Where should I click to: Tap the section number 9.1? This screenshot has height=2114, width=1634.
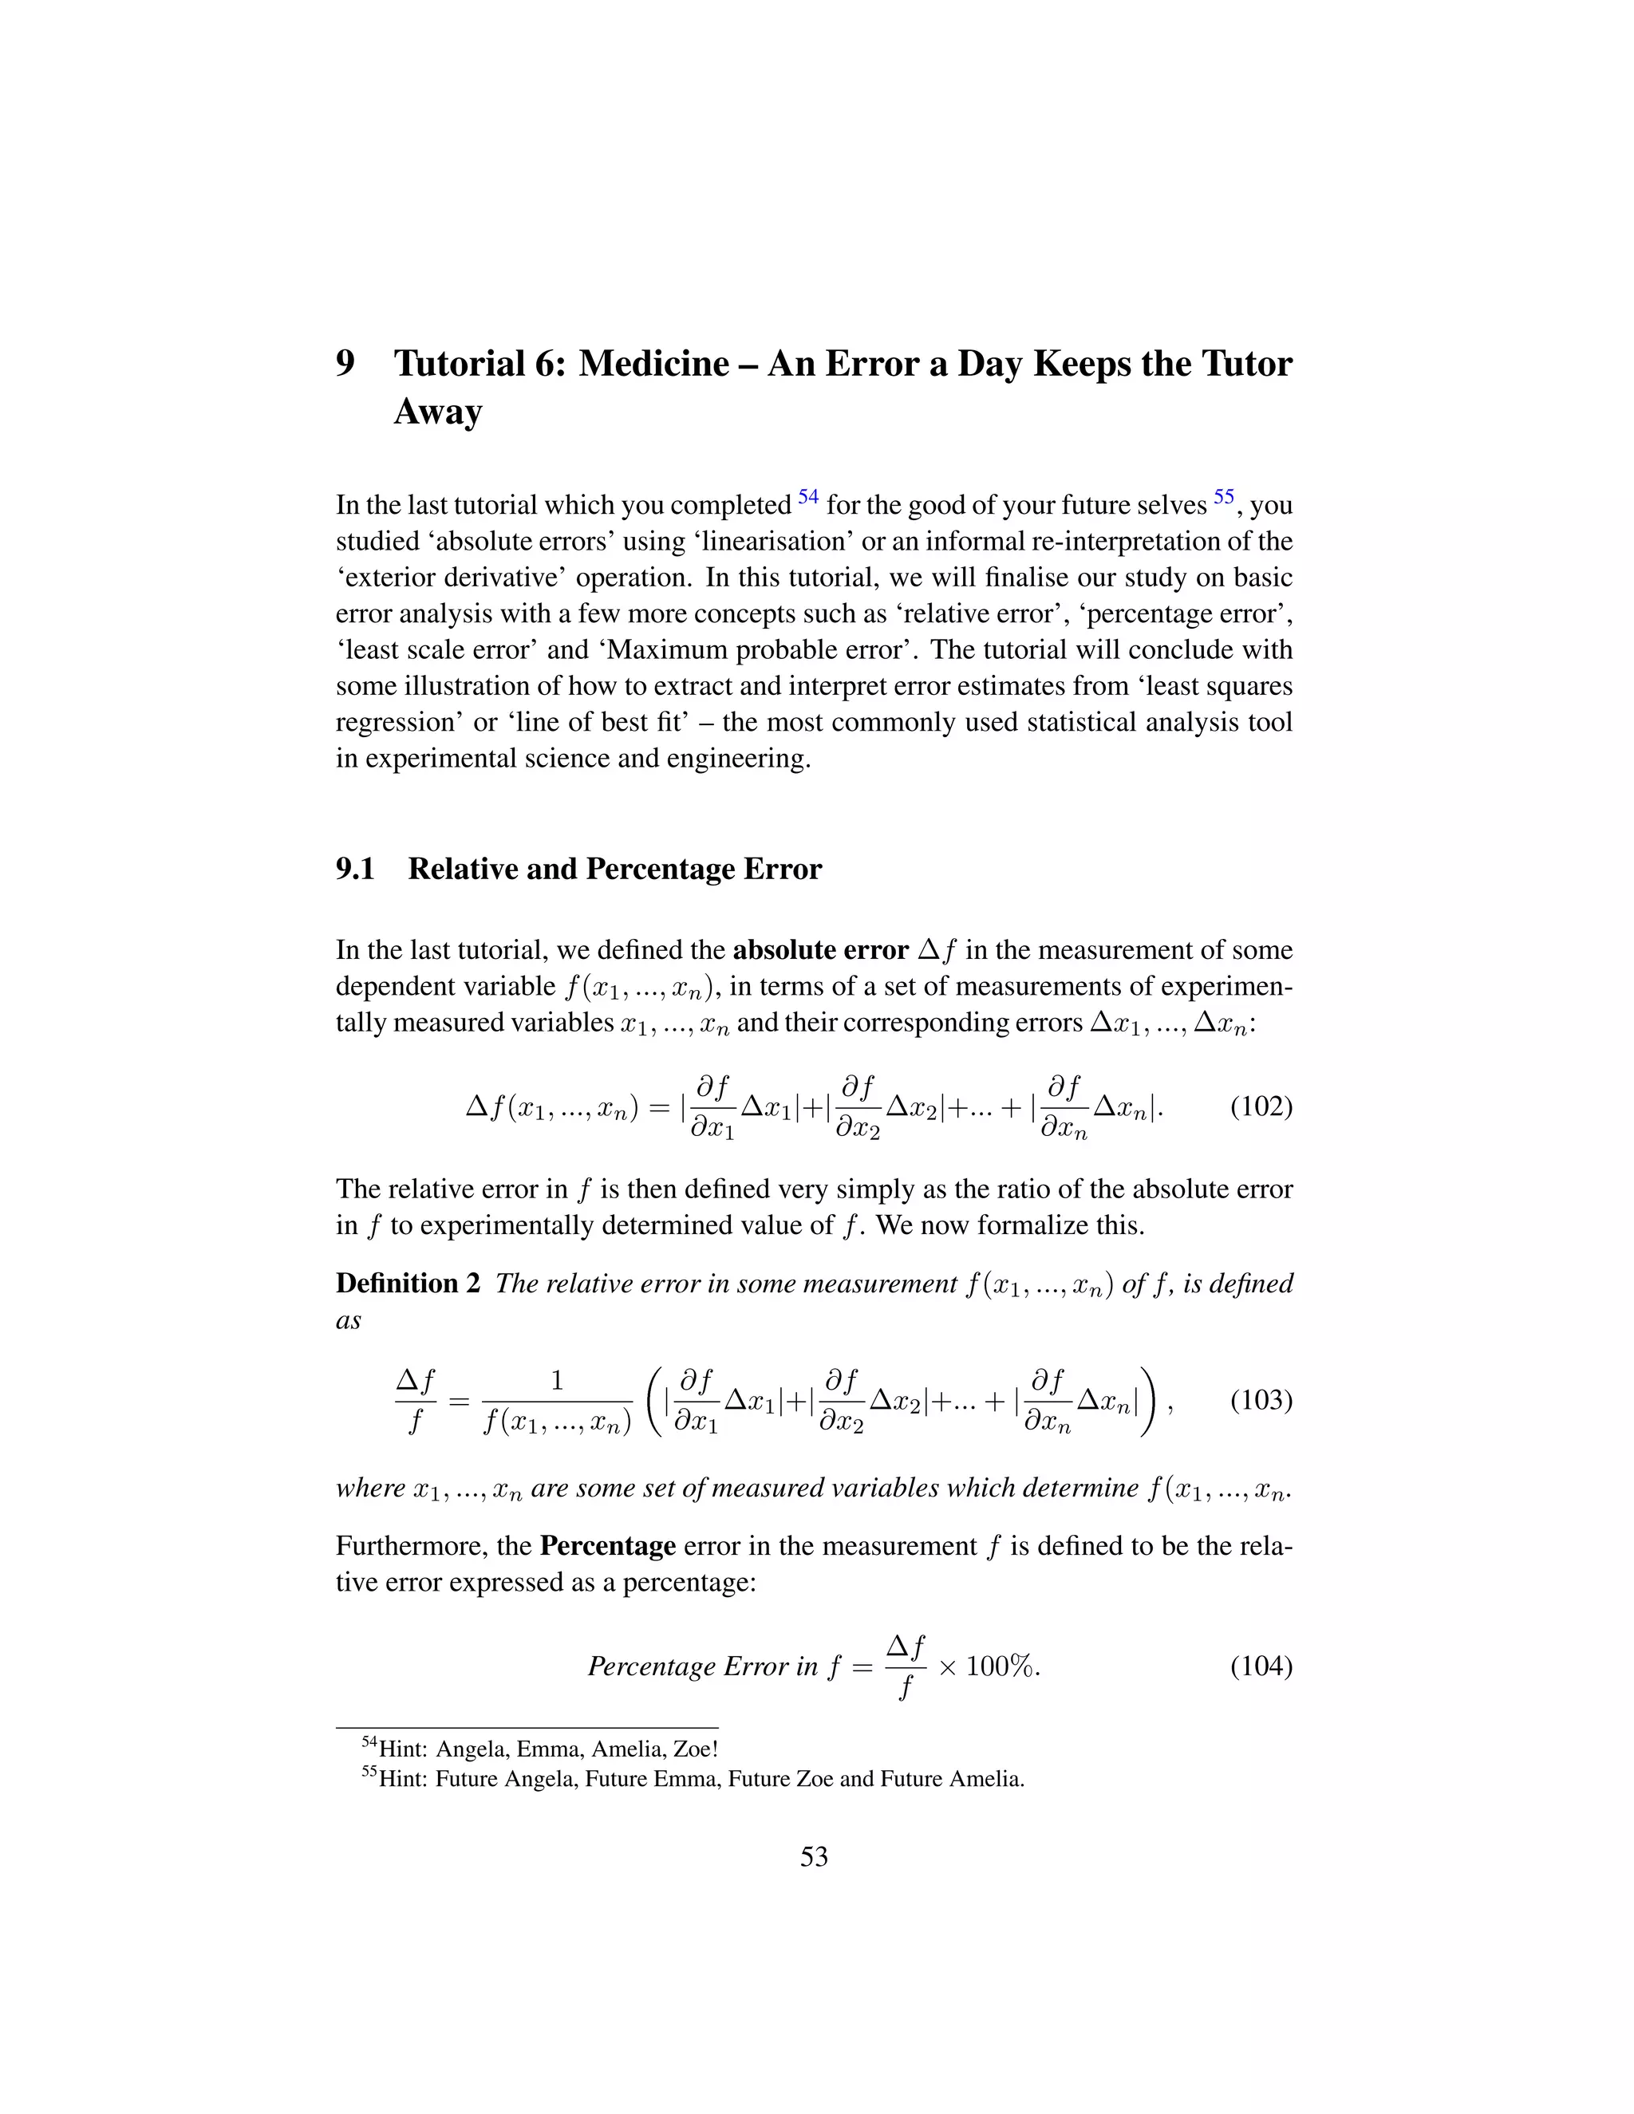coord(355,870)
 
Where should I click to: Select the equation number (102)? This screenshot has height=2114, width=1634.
coord(1261,1106)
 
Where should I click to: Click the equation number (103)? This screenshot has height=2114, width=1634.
coord(1261,1401)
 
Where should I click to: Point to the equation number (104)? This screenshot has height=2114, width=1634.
coord(1261,1666)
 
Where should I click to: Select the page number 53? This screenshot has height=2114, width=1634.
coord(814,1856)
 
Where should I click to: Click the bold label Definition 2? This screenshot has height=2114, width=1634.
coord(408,1284)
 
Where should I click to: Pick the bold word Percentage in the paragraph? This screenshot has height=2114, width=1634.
coord(607,1546)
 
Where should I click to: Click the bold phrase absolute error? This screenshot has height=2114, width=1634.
coord(820,951)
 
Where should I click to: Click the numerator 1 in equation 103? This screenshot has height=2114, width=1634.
coord(557,1380)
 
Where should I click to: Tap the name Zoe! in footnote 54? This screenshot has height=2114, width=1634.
coord(695,1749)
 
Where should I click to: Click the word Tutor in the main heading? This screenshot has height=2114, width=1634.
coord(1245,364)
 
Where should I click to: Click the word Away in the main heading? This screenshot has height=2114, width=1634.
coord(437,412)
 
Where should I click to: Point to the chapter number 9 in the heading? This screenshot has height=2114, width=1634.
coord(345,364)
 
